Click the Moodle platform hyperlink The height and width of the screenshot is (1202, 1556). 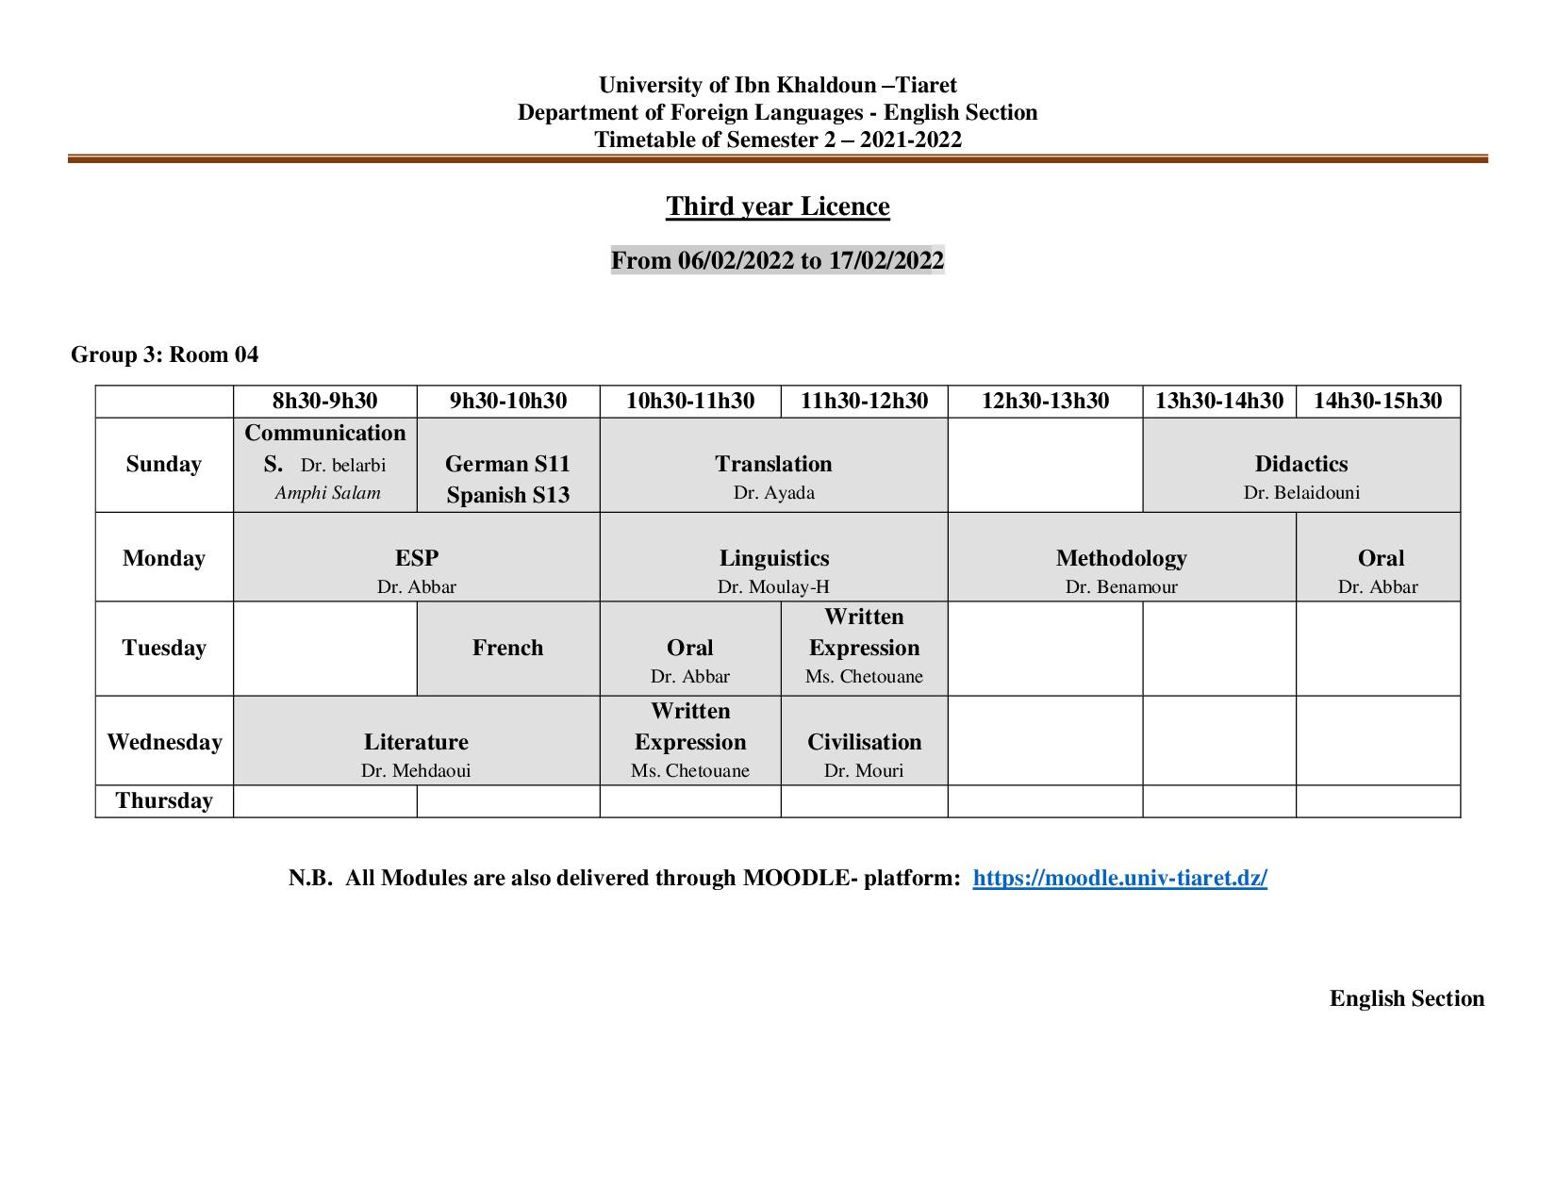[x=1119, y=879]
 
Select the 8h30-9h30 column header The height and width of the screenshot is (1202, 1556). [x=324, y=402]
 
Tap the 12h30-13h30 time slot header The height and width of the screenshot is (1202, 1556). [x=1045, y=402]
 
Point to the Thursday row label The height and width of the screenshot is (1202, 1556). [x=164, y=801]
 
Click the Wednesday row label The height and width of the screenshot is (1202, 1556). [x=164, y=742]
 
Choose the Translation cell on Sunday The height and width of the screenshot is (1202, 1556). [x=773, y=465]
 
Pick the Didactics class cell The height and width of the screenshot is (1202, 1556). [x=1301, y=465]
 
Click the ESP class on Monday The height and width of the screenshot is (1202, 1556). [x=416, y=558]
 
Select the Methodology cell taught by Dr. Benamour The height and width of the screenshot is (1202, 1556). [x=1121, y=558]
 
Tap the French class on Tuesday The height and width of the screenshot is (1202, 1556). [x=507, y=649]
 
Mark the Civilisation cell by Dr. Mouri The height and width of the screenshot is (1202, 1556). [x=864, y=742]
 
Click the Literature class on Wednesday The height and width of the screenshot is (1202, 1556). [x=416, y=742]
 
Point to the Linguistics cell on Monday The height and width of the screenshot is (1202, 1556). [x=773, y=558]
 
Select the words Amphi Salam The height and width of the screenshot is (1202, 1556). [x=327, y=493]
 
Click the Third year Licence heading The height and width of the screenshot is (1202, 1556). [x=777, y=206]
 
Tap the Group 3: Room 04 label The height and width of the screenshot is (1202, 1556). [x=164, y=355]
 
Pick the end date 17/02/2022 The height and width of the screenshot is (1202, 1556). [x=886, y=261]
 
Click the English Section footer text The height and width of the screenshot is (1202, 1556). [x=1406, y=999]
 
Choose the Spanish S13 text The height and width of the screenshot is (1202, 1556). [x=507, y=495]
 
